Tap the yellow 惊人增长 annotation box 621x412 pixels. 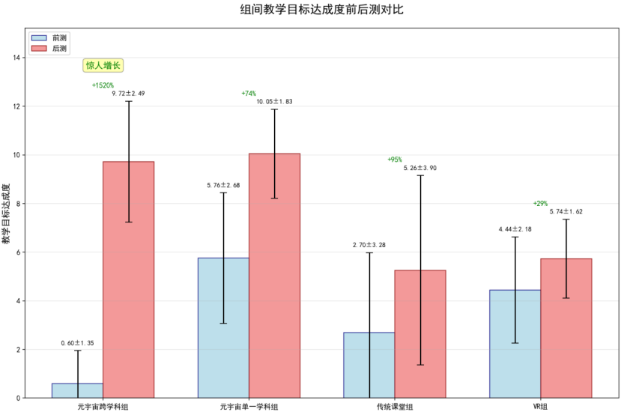[103, 66]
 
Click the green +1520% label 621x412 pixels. [103, 85]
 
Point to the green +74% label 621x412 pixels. [249, 94]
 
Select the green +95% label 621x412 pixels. [395, 160]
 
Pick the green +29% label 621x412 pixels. [540, 204]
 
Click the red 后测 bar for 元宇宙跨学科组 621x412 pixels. [128, 279]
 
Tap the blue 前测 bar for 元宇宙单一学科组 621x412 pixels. [223, 327]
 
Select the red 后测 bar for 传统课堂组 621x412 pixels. [420, 333]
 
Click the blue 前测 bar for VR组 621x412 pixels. [515, 343]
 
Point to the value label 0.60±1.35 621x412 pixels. [78, 343]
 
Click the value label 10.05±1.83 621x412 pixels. [274, 102]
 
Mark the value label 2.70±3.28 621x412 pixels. [369, 245]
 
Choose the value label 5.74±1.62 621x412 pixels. [566, 212]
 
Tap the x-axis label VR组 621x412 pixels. [540, 406]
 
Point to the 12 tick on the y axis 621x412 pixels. [18, 106]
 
